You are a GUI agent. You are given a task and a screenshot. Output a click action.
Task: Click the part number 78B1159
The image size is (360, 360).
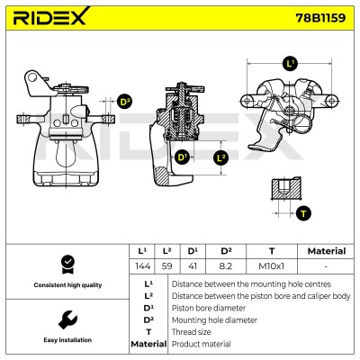click(x=320, y=18)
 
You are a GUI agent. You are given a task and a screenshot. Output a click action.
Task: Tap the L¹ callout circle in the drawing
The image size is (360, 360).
click(x=290, y=64)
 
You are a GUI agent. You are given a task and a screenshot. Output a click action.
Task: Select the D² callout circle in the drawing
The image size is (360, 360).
click(x=125, y=102)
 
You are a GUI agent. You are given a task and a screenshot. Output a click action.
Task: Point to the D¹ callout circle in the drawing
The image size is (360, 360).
click(x=182, y=157)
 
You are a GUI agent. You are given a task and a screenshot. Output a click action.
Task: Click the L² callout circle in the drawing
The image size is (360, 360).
click(x=220, y=157)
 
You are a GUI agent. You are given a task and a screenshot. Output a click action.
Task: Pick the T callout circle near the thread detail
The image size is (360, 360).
click(x=303, y=213)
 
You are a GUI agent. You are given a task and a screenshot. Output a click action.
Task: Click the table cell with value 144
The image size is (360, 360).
click(x=142, y=266)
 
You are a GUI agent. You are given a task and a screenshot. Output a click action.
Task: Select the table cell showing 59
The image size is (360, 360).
click(x=167, y=266)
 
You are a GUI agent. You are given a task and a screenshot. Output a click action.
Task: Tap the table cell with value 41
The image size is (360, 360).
click(x=193, y=266)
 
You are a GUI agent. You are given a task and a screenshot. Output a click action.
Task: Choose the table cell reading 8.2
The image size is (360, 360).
click(x=226, y=266)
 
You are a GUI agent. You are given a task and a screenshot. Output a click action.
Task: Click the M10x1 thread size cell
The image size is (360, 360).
click(x=272, y=266)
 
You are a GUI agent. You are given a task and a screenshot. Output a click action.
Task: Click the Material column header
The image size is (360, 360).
click(x=327, y=251)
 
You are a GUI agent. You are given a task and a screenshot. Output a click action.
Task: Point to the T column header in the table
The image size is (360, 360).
click(x=272, y=251)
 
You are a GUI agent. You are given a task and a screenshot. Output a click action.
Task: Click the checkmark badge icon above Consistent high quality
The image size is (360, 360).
click(x=67, y=265)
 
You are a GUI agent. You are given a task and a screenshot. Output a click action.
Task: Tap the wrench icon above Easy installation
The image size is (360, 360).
click(x=67, y=319)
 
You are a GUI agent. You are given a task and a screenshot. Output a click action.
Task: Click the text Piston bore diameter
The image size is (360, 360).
click(x=209, y=308)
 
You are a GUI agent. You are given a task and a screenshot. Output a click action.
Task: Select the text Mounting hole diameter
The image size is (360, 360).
click(x=214, y=320)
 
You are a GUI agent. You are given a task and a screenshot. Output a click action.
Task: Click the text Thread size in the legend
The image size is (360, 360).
click(x=191, y=332)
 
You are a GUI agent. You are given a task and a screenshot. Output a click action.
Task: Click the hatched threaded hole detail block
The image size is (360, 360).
click(x=286, y=188)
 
